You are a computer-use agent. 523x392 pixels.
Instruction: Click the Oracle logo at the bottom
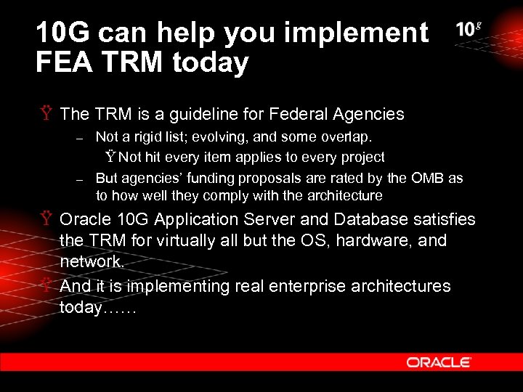[x=439, y=362]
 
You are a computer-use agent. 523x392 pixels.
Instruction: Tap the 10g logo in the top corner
[x=469, y=30]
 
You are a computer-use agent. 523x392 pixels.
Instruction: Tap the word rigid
[x=145, y=136]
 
